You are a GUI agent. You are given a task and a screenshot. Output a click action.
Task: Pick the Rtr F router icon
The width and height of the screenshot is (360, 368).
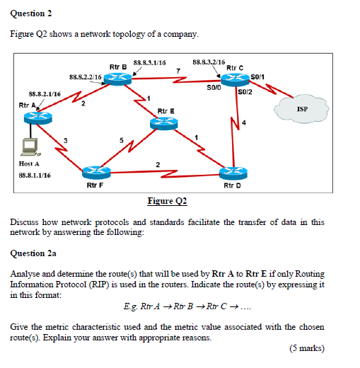pyautogui.click(x=95, y=172)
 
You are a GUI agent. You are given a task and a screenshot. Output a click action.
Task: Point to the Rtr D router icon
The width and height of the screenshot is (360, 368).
pyautogui.click(x=232, y=172)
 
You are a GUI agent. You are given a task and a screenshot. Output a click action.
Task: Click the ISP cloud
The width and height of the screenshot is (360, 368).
pyautogui.click(x=302, y=110)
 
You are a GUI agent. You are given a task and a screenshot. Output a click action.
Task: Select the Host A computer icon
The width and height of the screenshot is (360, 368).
pyautogui.click(x=30, y=146)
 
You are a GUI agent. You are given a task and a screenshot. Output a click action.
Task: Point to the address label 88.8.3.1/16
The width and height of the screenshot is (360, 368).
pyautogui.click(x=149, y=63)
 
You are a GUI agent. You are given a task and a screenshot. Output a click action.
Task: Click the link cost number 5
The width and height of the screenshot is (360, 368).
pyautogui.click(x=122, y=140)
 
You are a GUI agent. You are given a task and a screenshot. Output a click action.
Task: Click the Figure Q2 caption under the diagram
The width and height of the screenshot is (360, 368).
pyautogui.click(x=167, y=201)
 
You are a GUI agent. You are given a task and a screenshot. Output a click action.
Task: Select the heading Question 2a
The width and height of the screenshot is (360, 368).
pyautogui.click(x=34, y=252)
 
